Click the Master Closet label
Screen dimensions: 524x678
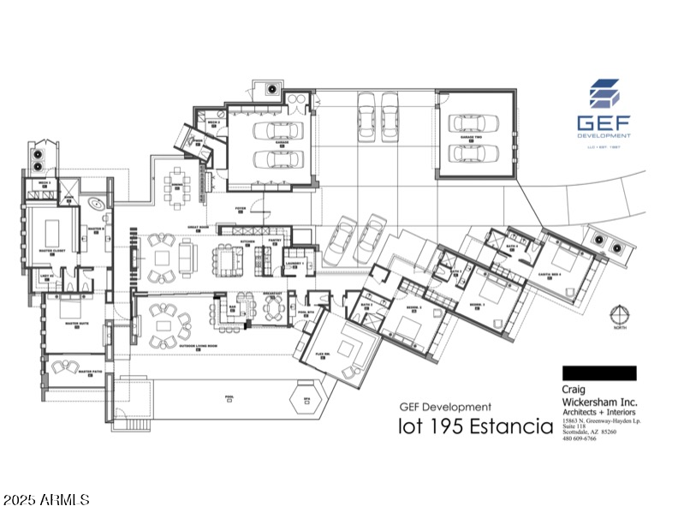pos(53,251)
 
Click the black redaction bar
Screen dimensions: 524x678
pos(599,372)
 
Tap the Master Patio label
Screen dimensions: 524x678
pos(89,372)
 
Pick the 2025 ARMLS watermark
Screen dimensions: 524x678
pos(47,497)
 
